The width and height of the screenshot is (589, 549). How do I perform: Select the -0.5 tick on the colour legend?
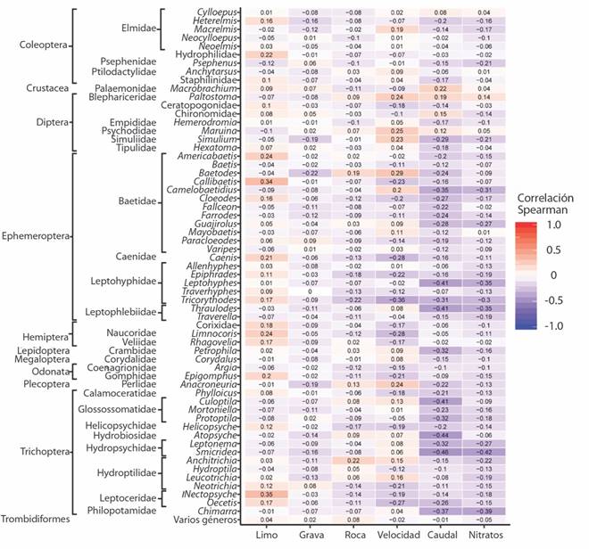(559, 299)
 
